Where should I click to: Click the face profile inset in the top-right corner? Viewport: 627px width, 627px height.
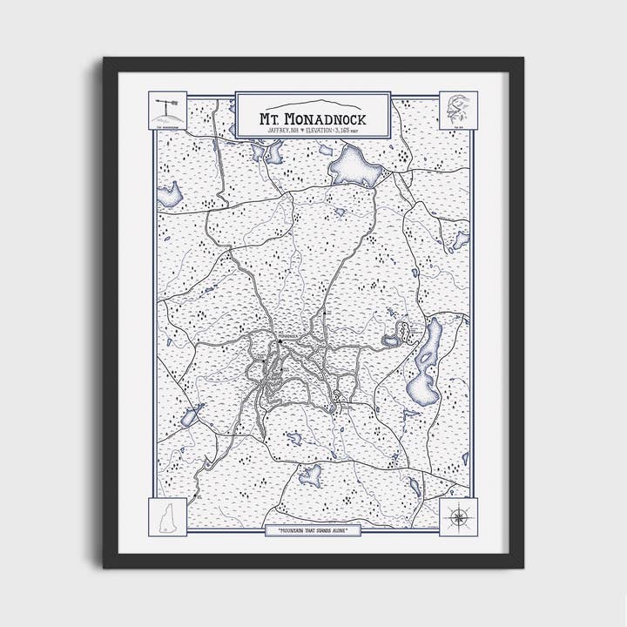pyautogui.click(x=456, y=110)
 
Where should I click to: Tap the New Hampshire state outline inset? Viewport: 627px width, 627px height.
pyautogui.click(x=170, y=515)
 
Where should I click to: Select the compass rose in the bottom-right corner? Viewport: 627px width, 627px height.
pyautogui.click(x=456, y=516)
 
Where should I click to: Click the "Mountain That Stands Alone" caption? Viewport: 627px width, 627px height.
pyautogui.click(x=313, y=530)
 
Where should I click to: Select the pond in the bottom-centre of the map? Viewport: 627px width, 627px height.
pyautogui.click(x=310, y=475)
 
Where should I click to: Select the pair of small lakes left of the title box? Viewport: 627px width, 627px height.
pyautogui.click(x=266, y=152)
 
